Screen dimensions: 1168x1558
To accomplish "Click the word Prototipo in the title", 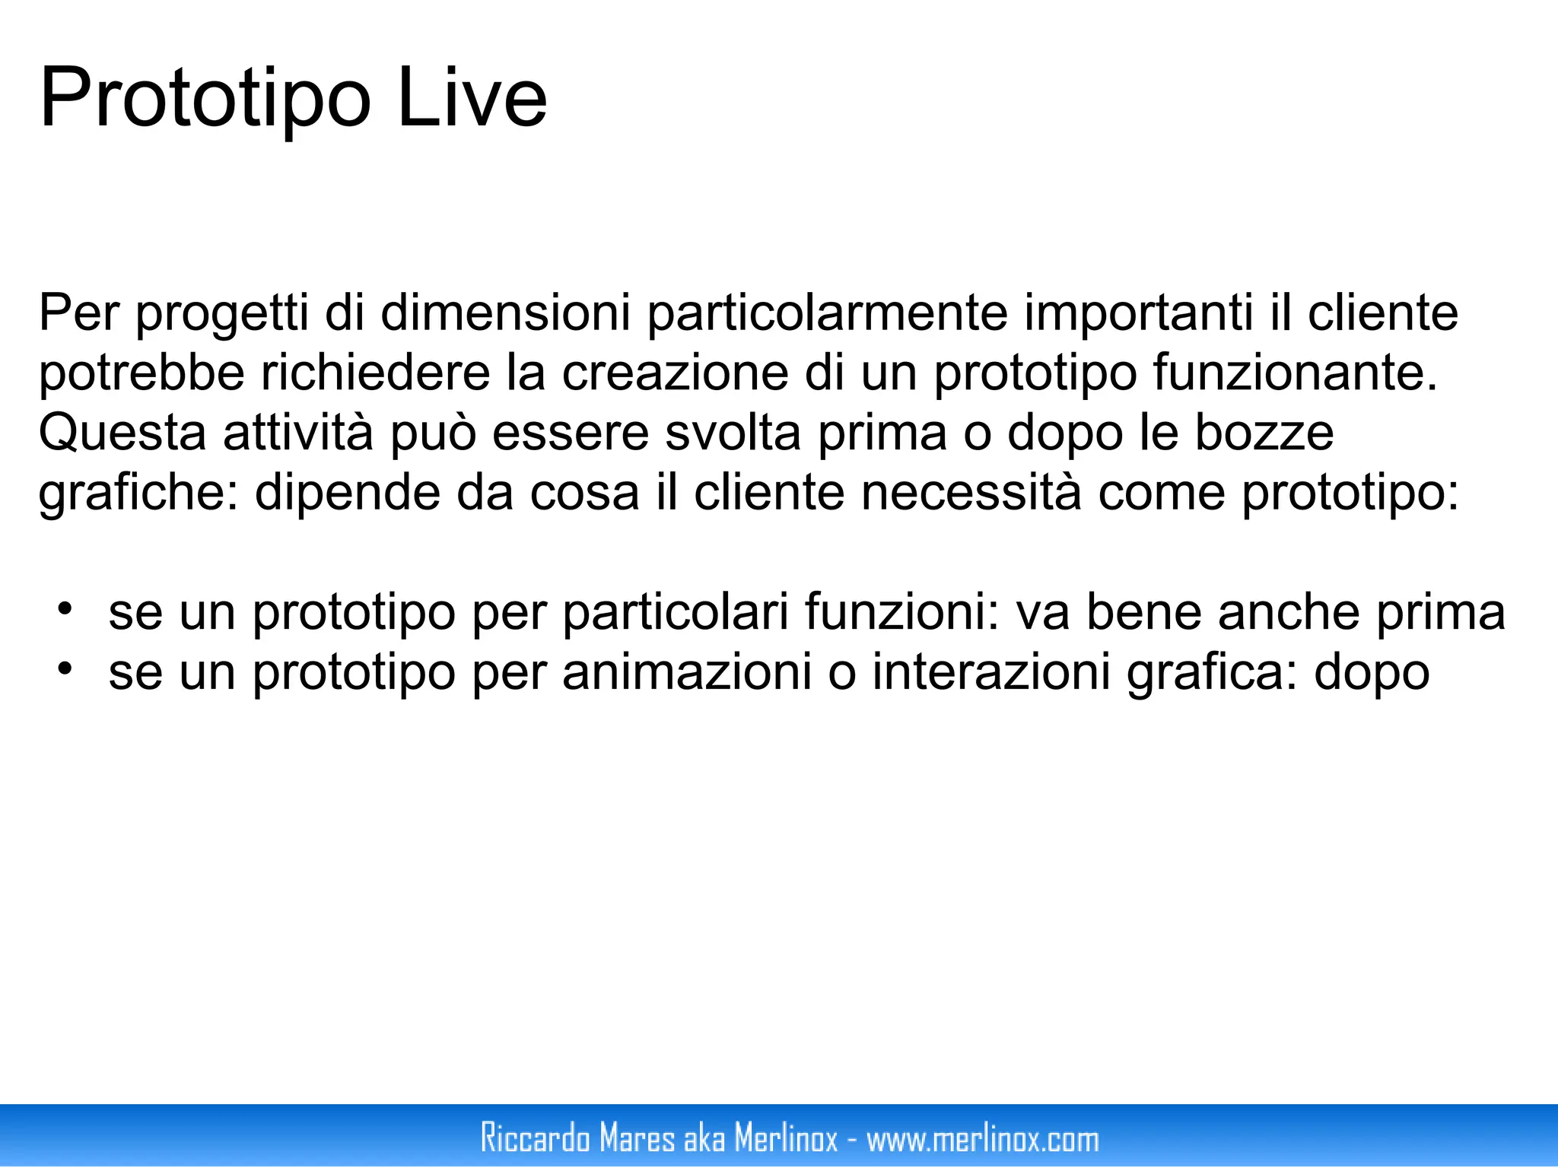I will (205, 99).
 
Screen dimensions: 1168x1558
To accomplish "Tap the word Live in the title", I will (472, 99).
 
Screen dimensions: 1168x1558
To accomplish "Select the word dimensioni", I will (505, 313).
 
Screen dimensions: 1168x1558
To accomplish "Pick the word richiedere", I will (376, 373).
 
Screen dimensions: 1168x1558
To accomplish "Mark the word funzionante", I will (1296, 373).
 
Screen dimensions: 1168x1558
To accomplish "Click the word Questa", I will (122, 433).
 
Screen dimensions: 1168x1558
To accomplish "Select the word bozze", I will (1264, 433).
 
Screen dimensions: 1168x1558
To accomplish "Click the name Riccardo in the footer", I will (536, 1138).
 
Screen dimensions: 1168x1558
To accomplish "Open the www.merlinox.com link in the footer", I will (983, 1138).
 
